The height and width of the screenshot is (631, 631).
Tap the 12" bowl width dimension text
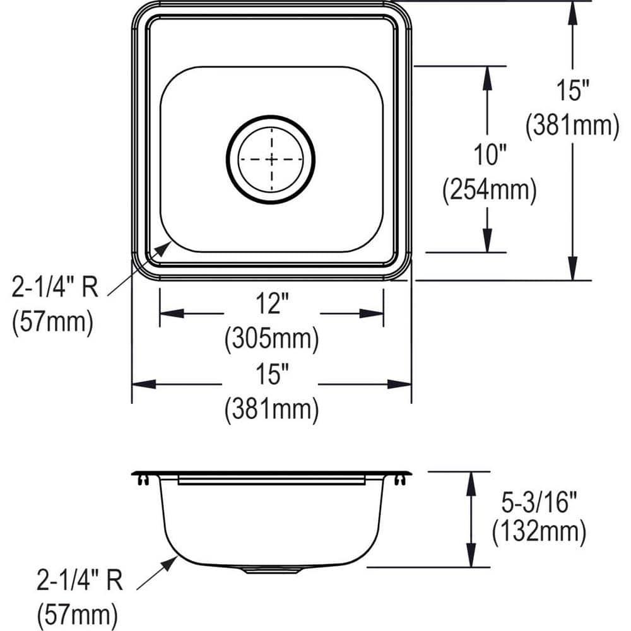pyautogui.click(x=271, y=306)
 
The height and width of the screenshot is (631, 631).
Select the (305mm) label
pyautogui.click(x=271, y=340)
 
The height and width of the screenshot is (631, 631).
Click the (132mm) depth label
pyautogui.click(x=539, y=533)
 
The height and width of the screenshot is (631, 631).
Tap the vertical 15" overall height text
pyautogui.click(x=572, y=91)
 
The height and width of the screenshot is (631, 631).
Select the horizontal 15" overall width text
pyautogui.click(x=271, y=377)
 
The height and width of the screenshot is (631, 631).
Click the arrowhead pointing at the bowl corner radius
pyautogui.click(x=162, y=249)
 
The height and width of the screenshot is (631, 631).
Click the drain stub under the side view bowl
pyautogui.click(x=271, y=570)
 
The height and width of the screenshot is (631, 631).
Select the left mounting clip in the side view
pyautogui.click(x=143, y=481)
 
